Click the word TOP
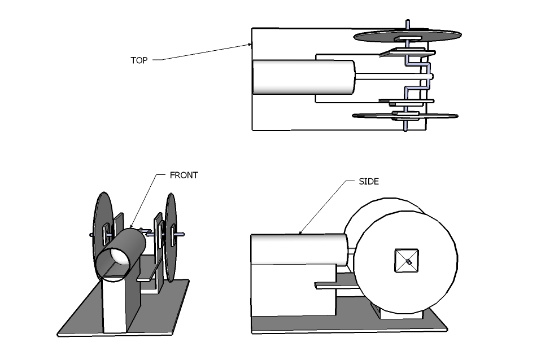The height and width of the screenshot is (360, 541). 139,60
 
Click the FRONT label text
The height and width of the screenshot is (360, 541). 184,175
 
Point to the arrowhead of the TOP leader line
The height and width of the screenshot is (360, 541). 250,45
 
